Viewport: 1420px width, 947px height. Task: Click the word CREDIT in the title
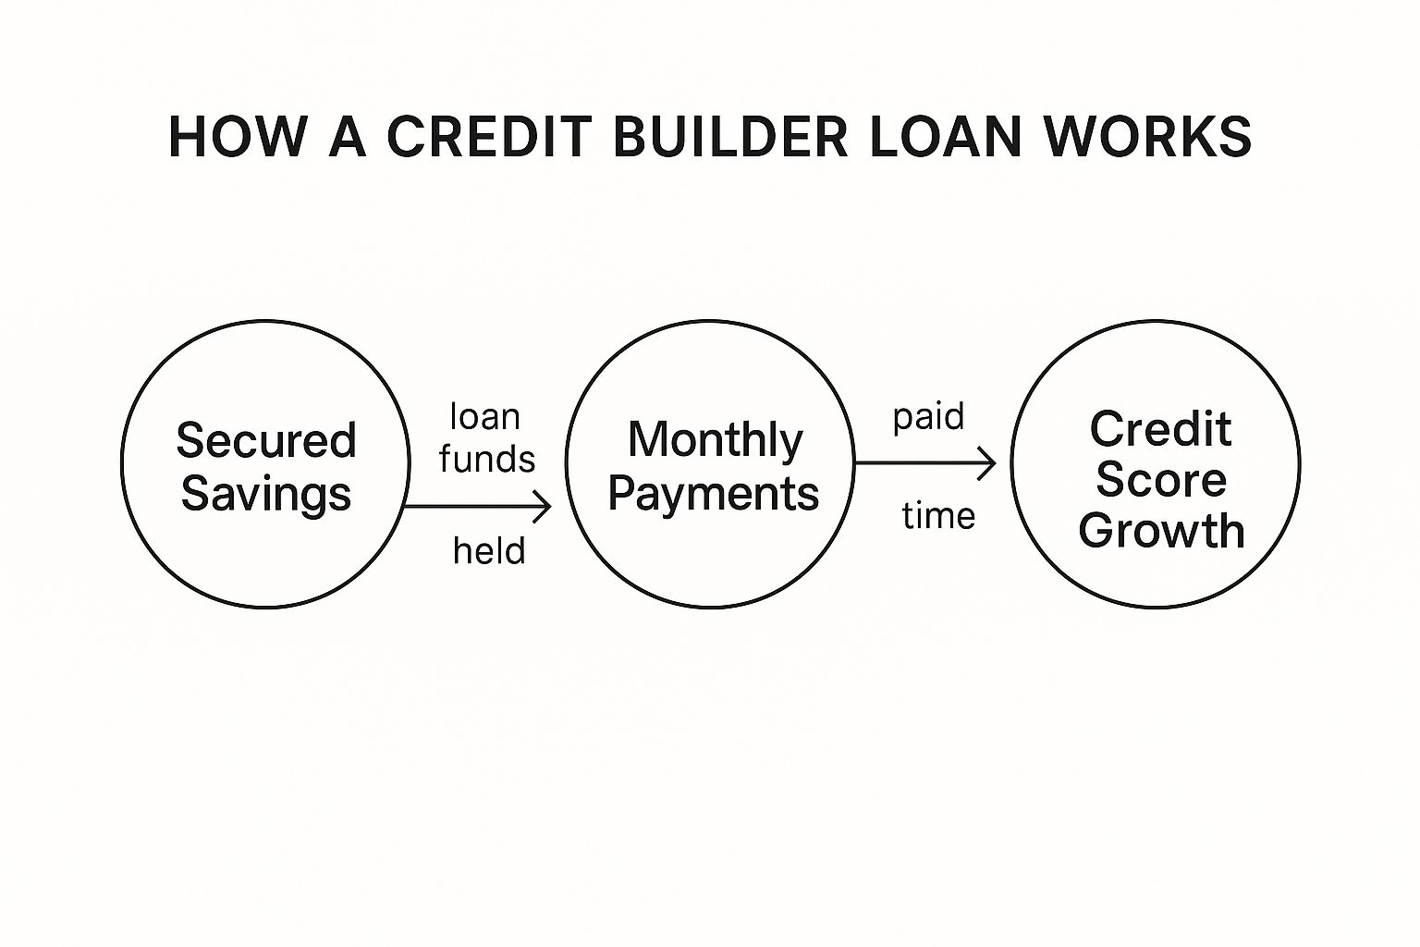pos(489,136)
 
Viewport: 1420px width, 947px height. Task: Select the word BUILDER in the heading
pos(730,136)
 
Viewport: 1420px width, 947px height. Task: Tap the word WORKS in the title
pos(1148,136)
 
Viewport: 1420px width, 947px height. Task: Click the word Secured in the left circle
pos(266,439)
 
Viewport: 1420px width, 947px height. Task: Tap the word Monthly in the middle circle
pos(715,441)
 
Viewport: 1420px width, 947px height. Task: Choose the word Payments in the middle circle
pos(714,495)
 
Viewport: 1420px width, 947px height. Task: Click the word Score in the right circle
pos(1161,480)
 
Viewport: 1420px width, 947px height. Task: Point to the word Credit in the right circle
pos(1161,429)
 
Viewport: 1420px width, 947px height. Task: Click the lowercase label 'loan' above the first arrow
pos(485,417)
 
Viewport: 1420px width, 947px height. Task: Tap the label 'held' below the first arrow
pos(489,550)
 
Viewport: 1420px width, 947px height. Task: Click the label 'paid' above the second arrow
pos(929,418)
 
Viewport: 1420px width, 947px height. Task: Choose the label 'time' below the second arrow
pos(938,516)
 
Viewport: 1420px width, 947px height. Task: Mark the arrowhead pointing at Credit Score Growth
pos(987,463)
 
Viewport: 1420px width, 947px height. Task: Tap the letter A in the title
pos(348,136)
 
